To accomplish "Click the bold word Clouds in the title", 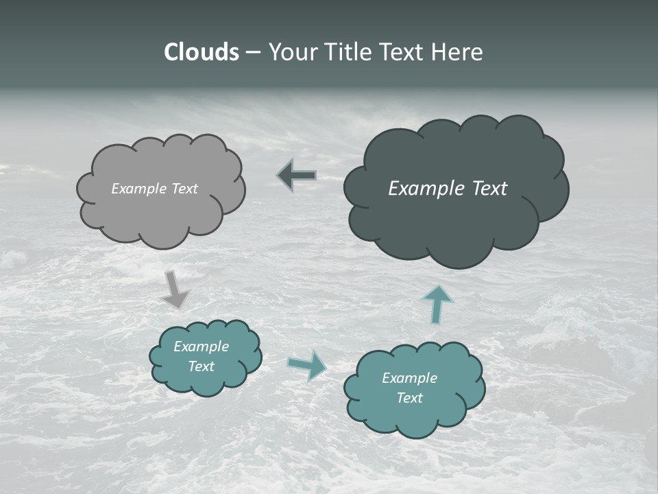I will (x=202, y=52).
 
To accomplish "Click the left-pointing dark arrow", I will (x=297, y=176).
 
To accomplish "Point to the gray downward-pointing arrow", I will (x=175, y=289).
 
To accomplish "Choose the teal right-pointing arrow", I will (x=308, y=364).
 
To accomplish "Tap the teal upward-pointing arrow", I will (x=437, y=304).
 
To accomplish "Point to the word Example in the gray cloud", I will (x=139, y=189).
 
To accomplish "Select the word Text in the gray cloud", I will (x=184, y=189).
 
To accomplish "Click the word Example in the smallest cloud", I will (x=201, y=346).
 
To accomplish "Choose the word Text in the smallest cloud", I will (x=202, y=366).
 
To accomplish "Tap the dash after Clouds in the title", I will (x=253, y=53).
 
